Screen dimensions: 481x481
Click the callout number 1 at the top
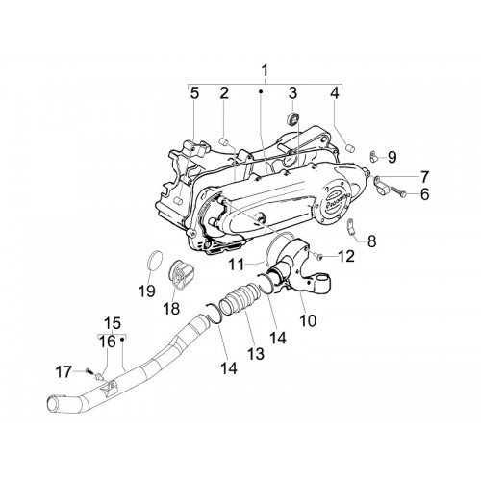click(x=265, y=71)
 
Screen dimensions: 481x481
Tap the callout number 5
click(x=194, y=93)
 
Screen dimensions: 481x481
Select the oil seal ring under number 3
click(x=292, y=118)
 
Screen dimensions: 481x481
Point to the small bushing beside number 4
click(x=349, y=148)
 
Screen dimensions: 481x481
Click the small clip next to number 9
click(x=373, y=155)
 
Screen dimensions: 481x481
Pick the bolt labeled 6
click(x=397, y=191)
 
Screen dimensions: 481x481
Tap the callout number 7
click(x=424, y=176)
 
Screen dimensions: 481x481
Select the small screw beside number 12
click(x=316, y=255)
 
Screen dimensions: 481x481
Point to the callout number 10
click(x=308, y=319)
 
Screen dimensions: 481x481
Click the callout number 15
click(x=113, y=322)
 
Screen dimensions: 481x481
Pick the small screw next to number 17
click(x=89, y=372)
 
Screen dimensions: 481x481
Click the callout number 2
click(x=224, y=93)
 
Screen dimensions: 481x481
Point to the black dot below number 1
click(x=261, y=91)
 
